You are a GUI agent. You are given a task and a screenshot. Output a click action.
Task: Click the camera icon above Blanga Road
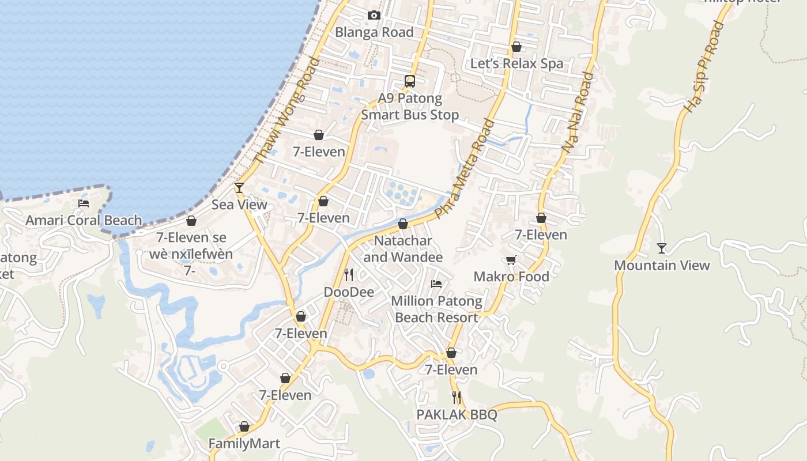(x=374, y=16)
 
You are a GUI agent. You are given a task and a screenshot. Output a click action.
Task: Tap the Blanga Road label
(x=374, y=32)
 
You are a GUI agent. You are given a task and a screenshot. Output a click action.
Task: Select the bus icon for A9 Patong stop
(x=410, y=81)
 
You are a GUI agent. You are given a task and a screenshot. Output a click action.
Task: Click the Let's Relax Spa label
(x=516, y=63)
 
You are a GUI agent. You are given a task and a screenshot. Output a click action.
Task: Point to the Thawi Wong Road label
(x=286, y=111)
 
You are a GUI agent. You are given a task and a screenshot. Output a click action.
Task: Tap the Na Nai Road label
(x=578, y=112)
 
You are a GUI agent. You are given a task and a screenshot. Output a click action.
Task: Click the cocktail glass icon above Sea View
(x=239, y=188)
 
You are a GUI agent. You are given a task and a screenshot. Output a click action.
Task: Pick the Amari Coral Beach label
(x=84, y=220)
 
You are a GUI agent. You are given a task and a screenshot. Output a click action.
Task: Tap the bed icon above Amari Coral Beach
(x=84, y=203)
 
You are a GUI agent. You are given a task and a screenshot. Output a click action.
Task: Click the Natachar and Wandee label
(x=403, y=248)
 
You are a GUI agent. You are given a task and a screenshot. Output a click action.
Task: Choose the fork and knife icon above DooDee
(x=349, y=275)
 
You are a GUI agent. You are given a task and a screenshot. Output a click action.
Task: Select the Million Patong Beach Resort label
(x=436, y=309)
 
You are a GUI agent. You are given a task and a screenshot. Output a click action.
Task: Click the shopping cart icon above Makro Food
(x=511, y=260)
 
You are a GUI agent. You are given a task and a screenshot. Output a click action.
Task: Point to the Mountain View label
(x=662, y=266)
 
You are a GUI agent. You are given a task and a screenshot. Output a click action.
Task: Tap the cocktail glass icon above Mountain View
(x=662, y=248)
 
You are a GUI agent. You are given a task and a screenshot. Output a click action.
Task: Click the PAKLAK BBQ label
(x=457, y=414)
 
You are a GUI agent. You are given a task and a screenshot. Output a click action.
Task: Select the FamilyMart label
(x=244, y=444)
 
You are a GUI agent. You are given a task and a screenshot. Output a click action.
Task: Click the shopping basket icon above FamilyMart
(x=244, y=427)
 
